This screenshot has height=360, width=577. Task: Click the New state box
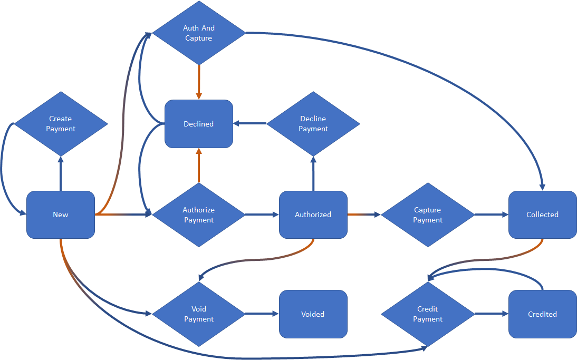pos(61,215)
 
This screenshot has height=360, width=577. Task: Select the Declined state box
pos(199,124)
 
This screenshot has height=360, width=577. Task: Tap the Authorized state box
pos(313,215)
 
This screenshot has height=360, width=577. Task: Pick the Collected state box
pos(542,215)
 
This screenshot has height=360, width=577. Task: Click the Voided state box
pos(313,314)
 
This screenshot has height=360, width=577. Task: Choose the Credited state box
pos(542,314)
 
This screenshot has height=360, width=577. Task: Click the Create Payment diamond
pos(61,124)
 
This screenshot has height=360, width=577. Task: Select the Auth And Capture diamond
pos(199,33)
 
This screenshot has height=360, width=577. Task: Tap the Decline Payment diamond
pos(313,124)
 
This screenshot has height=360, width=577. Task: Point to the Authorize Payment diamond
pos(199,215)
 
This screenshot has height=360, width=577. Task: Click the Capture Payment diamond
pos(428,215)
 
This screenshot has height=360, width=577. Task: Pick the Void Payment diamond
pos(199,314)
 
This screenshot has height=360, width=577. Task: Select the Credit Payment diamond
pos(428,314)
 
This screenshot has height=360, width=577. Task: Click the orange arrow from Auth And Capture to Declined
pos(199,82)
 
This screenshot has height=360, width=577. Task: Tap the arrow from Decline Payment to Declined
pos(251,124)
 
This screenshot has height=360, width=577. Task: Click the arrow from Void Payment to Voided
pos(262,314)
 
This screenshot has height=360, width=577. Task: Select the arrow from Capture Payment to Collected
pos(491,215)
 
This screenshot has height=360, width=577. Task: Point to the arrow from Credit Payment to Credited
pos(491,314)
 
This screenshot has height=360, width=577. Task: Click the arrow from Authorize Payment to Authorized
pos(262,215)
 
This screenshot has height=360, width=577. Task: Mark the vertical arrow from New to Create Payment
pos(61,174)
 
